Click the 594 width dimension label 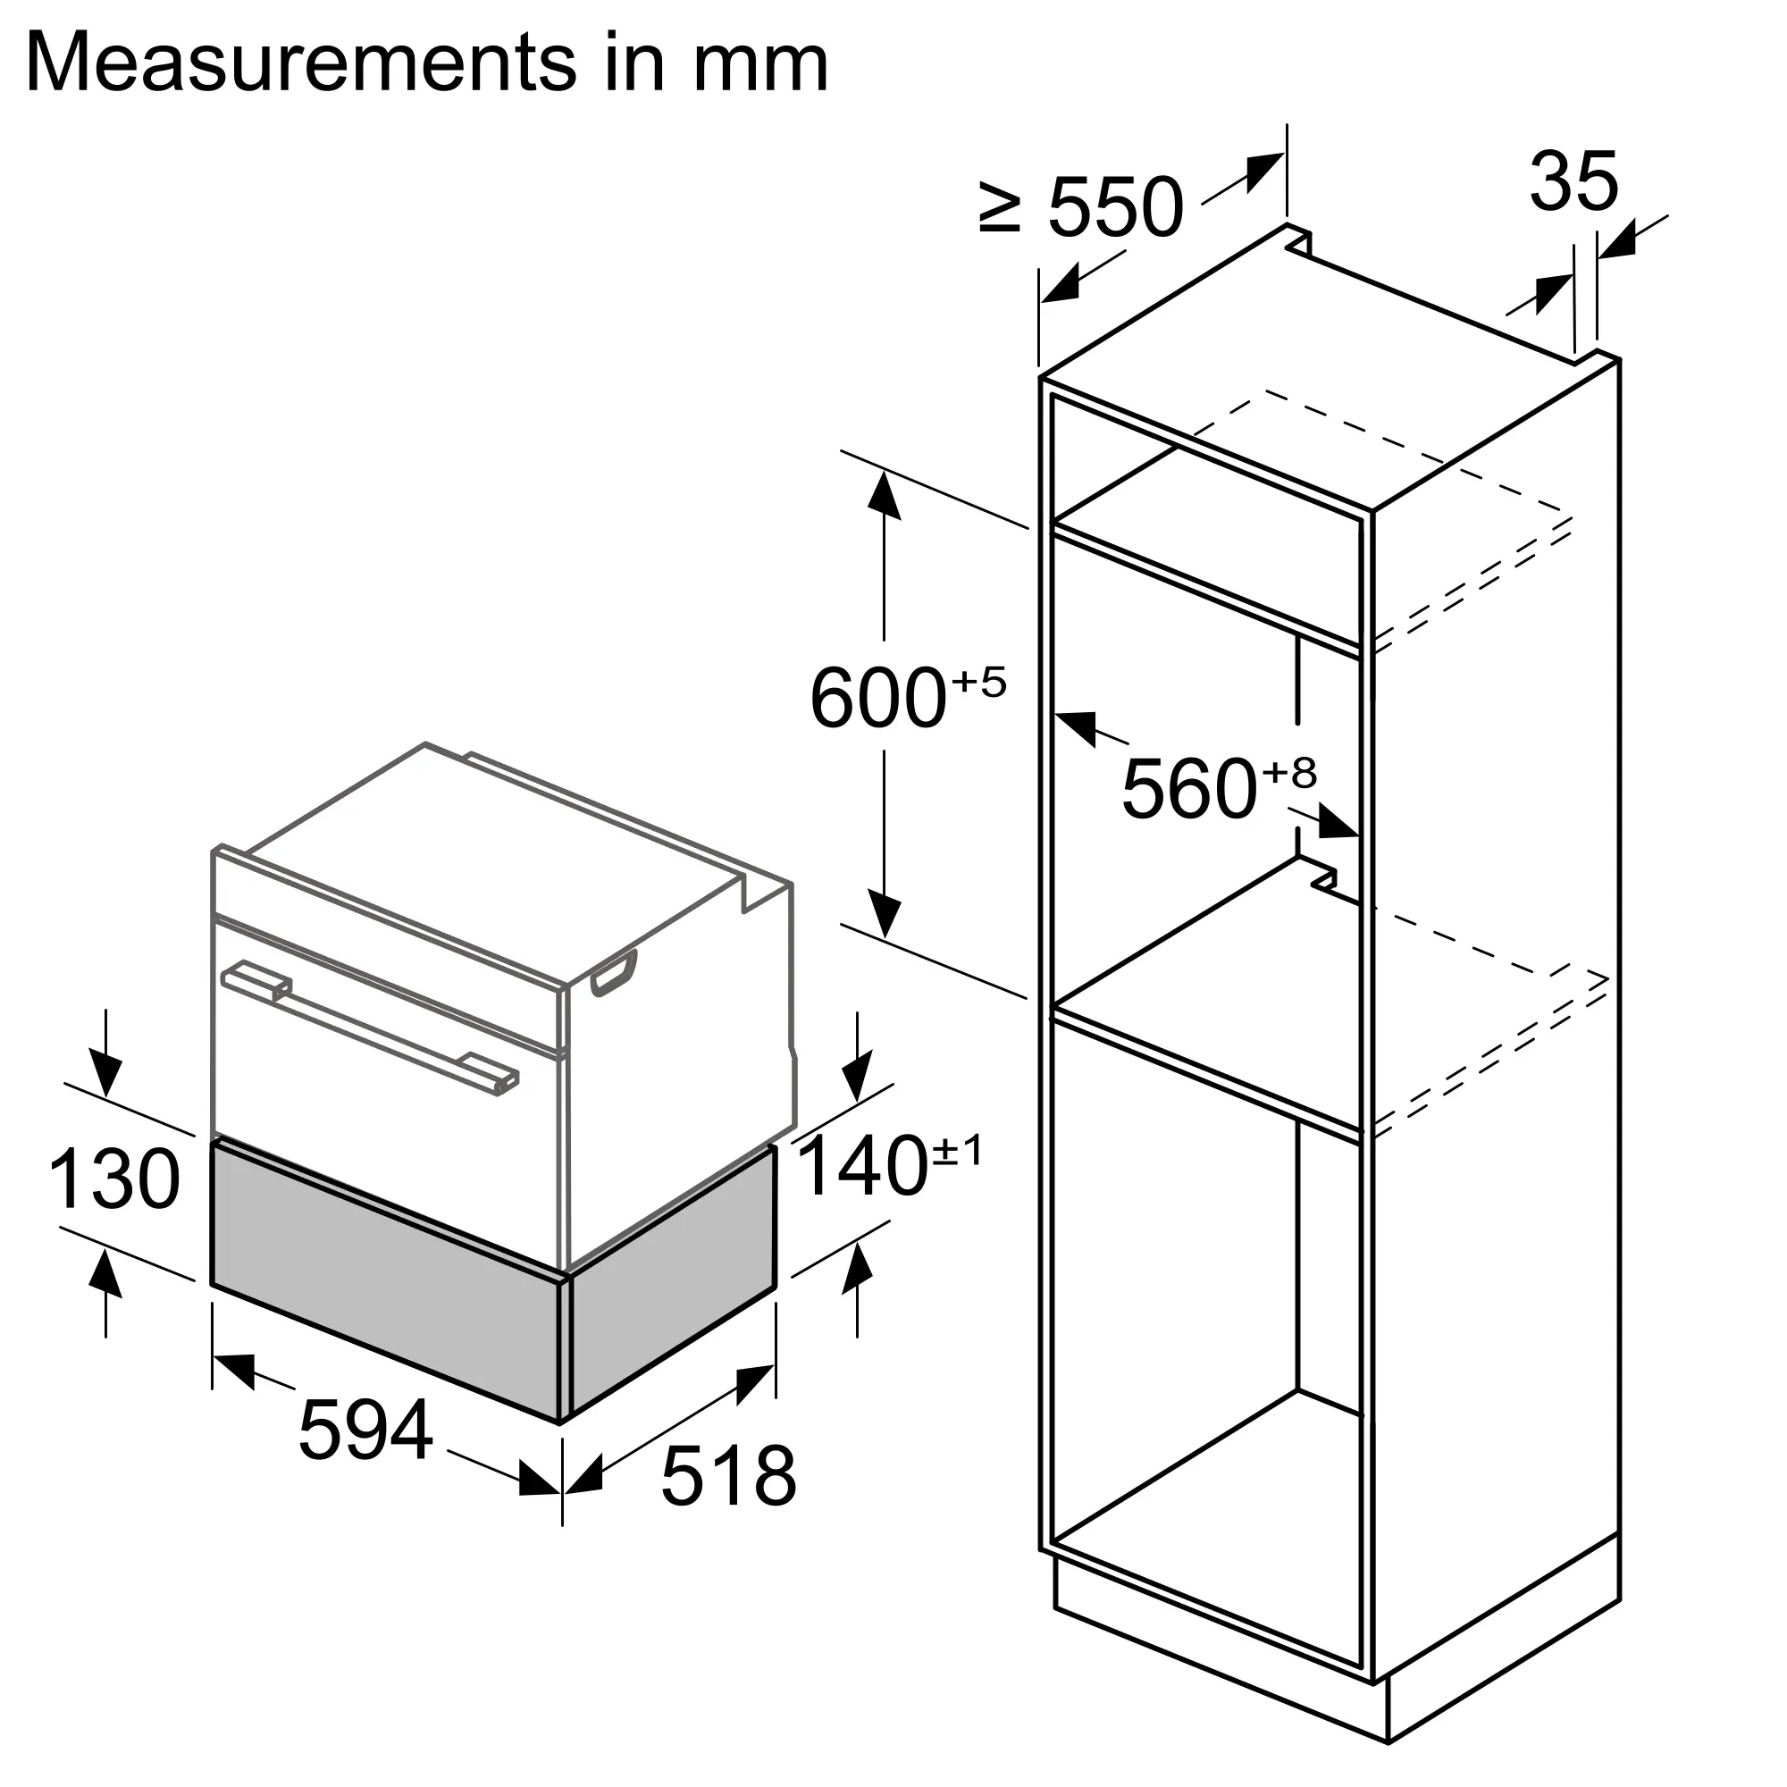pos(365,1430)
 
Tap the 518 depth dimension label pos(729,1476)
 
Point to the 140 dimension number pos(862,1167)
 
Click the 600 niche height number pos(877,700)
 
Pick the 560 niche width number pos(1189,788)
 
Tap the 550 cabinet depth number pos(1115,207)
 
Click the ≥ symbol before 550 pos(1000,207)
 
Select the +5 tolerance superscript pos(978,683)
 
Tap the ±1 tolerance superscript pos(958,1152)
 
